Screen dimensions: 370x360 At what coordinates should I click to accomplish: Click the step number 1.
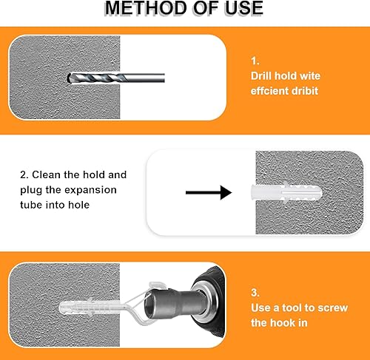pos(255,61)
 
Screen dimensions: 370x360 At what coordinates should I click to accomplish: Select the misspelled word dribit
pos(305,91)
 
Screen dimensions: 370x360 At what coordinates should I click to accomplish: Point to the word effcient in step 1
pos(269,91)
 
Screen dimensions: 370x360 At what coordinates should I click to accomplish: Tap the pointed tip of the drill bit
pos(68,78)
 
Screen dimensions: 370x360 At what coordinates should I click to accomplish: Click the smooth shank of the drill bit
pos(146,78)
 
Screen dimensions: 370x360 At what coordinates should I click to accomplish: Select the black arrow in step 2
pos(209,192)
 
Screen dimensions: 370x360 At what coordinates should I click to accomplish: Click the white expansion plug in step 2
pos(286,193)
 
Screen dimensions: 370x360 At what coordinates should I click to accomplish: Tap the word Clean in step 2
pos(46,174)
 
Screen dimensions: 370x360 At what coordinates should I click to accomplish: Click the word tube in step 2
pos(31,205)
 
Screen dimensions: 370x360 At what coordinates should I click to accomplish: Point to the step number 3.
pos(255,293)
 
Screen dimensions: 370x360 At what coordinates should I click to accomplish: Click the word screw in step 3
pos(333,308)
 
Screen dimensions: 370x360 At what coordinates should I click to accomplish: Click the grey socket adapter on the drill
pos(172,303)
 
